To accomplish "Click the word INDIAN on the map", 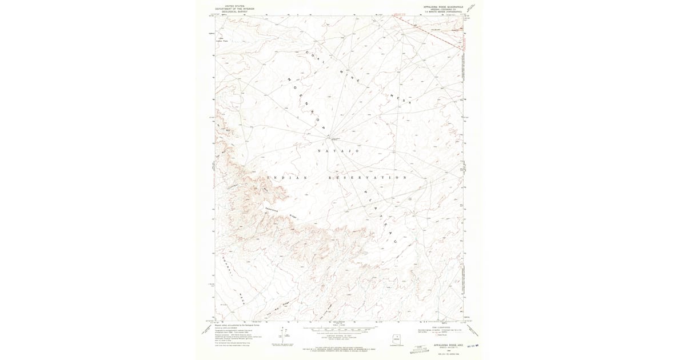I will click(x=291, y=178).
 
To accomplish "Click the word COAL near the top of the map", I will click(x=314, y=57).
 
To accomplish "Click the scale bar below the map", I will click(x=340, y=329).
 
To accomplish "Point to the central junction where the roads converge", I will click(x=328, y=137).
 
